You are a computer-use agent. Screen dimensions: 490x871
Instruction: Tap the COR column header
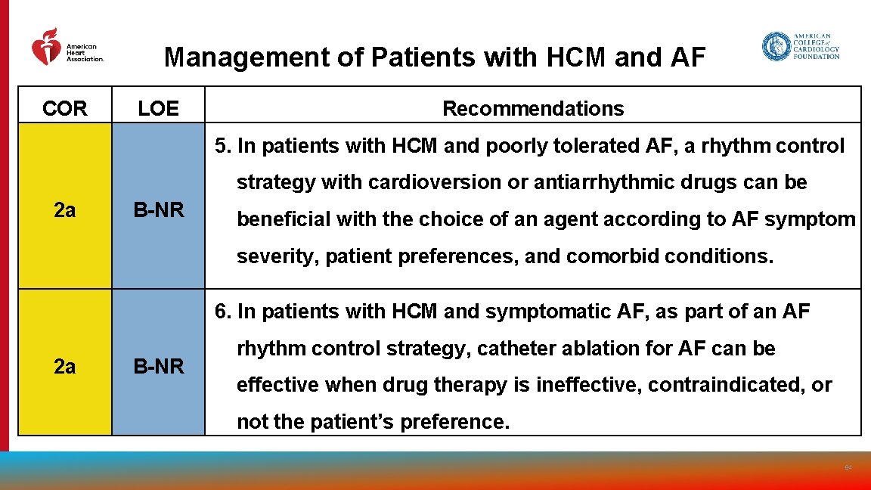65,109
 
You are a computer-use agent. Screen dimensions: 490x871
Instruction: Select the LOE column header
158,109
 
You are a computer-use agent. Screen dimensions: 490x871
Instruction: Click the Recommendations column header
533,109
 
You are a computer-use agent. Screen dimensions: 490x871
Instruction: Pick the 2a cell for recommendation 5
65,210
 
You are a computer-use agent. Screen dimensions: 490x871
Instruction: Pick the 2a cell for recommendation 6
65,367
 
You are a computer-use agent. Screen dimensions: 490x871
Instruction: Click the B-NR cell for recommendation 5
159,210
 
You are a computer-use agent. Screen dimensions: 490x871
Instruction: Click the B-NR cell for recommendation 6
159,367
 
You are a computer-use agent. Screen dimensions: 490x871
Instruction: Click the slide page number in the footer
848,468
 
